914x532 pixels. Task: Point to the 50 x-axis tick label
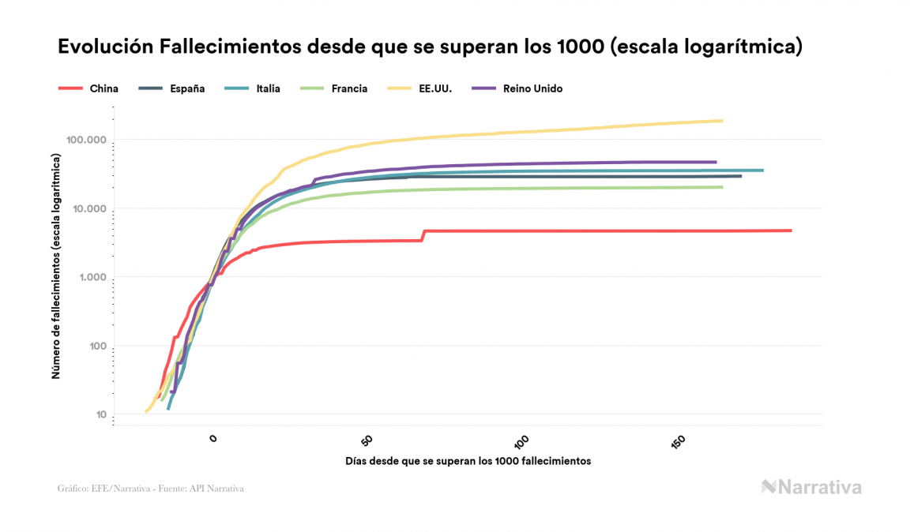point(366,440)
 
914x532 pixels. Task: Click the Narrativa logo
point(811,487)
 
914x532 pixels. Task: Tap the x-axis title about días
point(468,460)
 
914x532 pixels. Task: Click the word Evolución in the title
point(105,47)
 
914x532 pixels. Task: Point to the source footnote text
point(151,489)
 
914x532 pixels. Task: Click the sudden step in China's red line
point(423,235)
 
